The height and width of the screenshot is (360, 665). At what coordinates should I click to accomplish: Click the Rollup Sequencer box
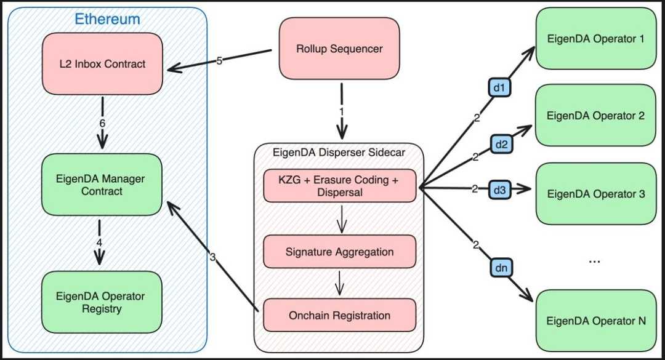click(340, 48)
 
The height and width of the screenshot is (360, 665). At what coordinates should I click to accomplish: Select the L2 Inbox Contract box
click(102, 63)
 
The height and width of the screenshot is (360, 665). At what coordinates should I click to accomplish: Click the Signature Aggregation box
click(339, 252)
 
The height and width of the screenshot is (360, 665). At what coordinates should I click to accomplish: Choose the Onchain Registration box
click(339, 315)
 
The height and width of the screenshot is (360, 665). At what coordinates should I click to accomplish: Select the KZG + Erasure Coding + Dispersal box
click(339, 186)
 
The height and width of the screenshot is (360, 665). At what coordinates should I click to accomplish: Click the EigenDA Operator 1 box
click(596, 39)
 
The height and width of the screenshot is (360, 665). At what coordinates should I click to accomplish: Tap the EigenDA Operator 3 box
click(596, 194)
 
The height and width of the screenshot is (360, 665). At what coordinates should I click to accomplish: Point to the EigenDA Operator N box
click(596, 321)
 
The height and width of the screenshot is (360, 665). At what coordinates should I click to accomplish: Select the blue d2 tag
click(501, 145)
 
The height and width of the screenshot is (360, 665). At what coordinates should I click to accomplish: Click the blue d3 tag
click(499, 190)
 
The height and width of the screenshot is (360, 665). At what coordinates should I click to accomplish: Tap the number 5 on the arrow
click(219, 60)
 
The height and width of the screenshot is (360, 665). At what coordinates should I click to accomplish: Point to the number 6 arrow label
click(102, 124)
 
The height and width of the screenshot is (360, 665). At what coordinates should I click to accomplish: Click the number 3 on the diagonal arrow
click(213, 257)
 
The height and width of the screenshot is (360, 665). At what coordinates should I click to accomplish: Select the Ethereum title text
click(107, 19)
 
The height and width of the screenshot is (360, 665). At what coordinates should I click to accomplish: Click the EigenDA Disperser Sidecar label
click(339, 152)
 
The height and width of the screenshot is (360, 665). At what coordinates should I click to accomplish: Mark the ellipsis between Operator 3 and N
click(594, 262)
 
